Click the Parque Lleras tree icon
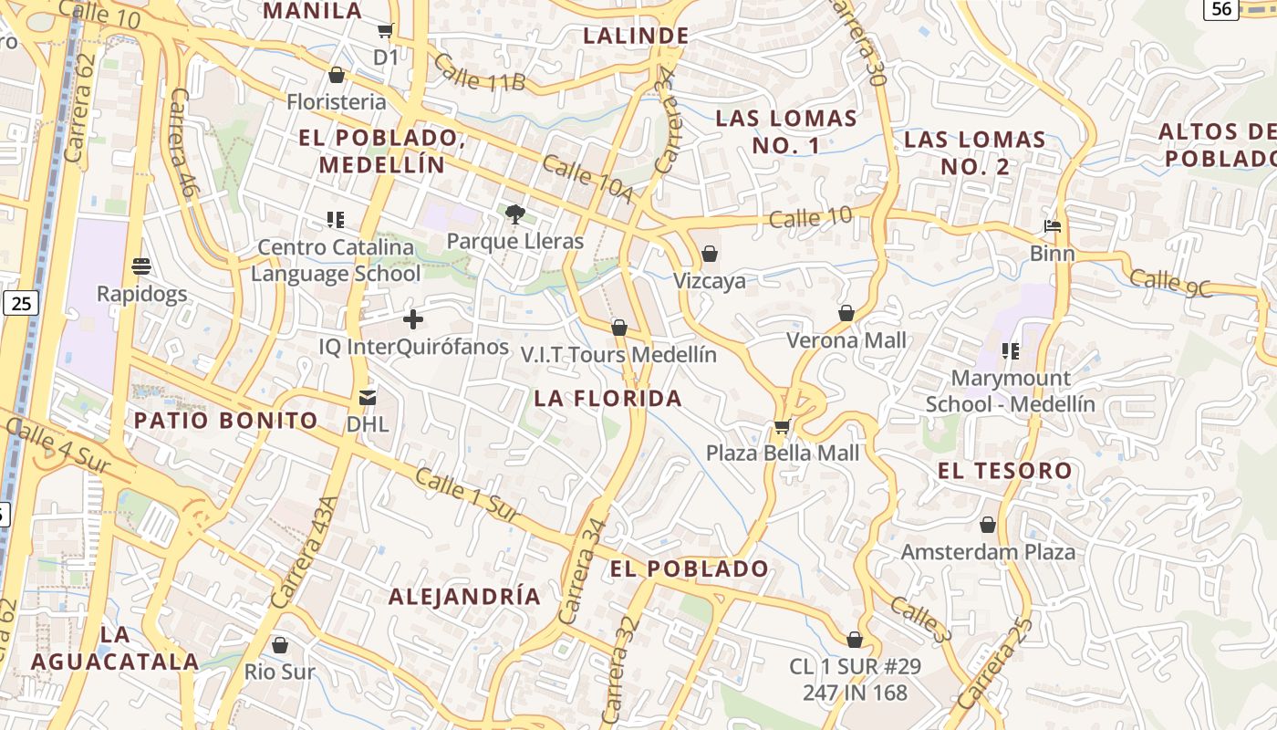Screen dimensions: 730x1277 515,214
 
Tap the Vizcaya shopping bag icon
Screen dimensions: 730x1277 710,254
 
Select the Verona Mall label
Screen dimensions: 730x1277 847,340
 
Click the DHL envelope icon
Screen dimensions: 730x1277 368,397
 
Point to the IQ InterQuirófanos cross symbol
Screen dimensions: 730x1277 413,319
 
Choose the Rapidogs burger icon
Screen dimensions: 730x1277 141,266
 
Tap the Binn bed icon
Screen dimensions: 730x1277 1052,225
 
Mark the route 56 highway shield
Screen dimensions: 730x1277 1220,9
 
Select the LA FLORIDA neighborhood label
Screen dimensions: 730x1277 608,398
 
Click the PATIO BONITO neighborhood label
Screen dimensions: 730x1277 226,421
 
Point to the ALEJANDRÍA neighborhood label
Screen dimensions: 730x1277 465,597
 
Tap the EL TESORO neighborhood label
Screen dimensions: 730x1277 1005,471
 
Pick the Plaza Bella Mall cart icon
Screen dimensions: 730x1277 782,426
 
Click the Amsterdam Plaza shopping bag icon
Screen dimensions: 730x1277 988,525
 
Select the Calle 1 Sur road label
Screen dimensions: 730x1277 468,495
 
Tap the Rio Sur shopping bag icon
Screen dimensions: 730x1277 280,645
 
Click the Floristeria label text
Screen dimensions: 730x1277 337,101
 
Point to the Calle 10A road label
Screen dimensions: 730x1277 587,179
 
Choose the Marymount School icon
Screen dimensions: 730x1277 1010,350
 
